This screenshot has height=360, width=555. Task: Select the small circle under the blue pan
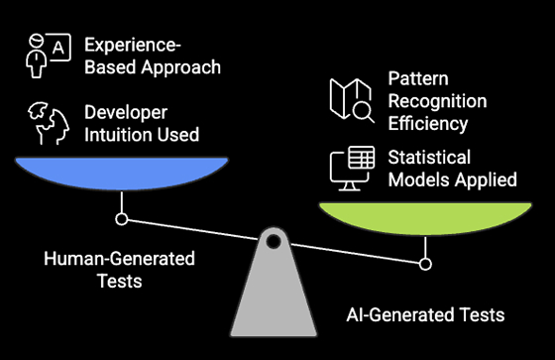[122, 218]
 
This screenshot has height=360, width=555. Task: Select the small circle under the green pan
[426, 264]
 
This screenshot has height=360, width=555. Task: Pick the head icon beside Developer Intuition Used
[47, 124]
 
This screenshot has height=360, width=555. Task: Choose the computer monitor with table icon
[354, 168]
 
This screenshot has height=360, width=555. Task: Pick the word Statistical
[429, 158]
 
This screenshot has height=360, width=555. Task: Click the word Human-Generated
[120, 259]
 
